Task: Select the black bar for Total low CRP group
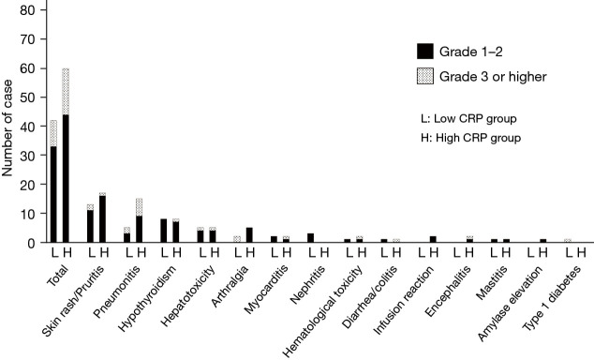coord(53,194)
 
